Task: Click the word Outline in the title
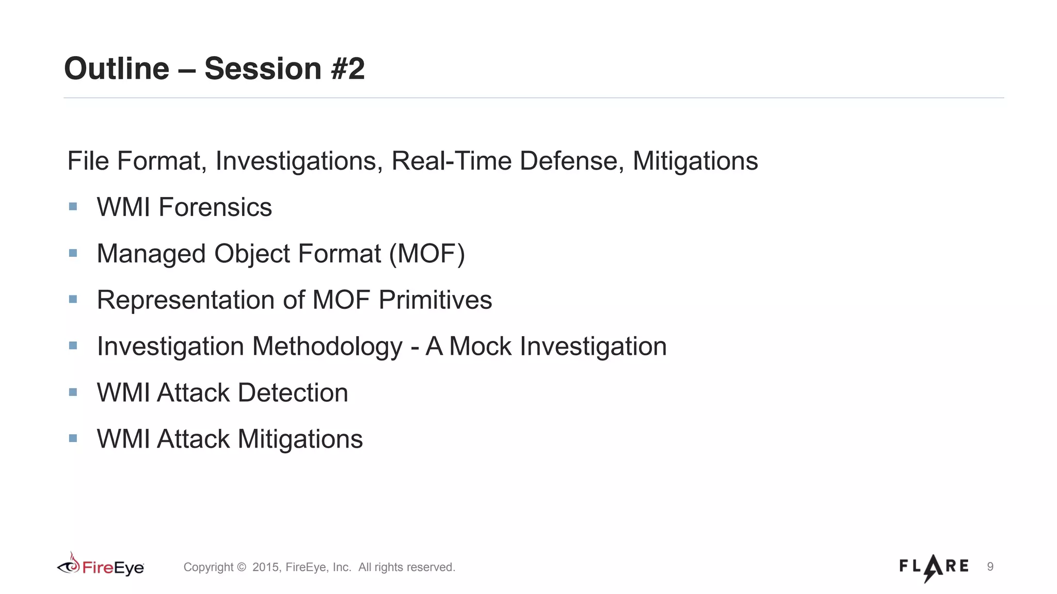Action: click(x=117, y=69)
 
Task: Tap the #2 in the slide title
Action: click(x=347, y=69)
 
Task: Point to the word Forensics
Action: click(x=215, y=207)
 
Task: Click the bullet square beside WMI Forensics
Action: click(x=73, y=207)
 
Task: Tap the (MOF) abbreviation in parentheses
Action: click(x=427, y=254)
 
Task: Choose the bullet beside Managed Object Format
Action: click(x=73, y=253)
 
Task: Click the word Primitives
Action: click(x=435, y=300)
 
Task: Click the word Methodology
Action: click(x=327, y=346)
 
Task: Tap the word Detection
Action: click(x=293, y=393)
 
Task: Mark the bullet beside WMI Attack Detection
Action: click(x=73, y=392)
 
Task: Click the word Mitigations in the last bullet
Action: click(x=300, y=439)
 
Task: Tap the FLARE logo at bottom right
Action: click(x=934, y=567)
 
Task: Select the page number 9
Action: click(x=990, y=567)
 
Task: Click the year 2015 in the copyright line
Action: click(x=265, y=567)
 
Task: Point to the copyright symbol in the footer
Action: click(x=242, y=567)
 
